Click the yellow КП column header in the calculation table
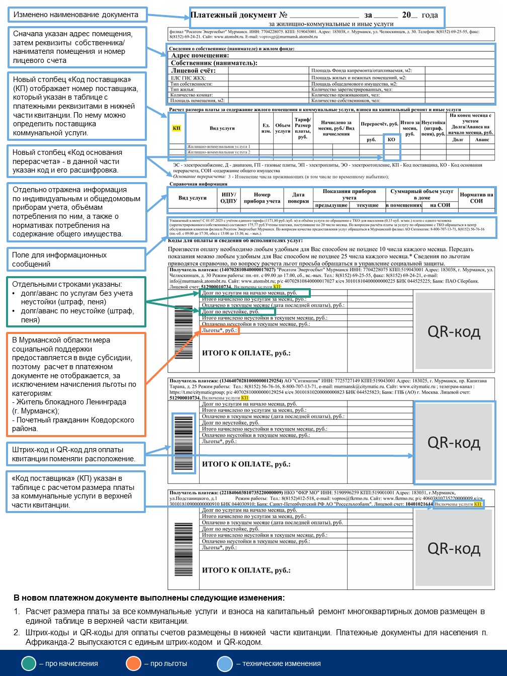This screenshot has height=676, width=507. tap(177, 128)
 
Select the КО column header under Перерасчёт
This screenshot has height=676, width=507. tap(391, 139)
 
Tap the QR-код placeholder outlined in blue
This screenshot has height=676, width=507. tap(454, 443)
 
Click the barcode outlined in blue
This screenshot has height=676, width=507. tap(183, 443)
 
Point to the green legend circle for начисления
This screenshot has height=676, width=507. tap(29, 663)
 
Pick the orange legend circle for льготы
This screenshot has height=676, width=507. tap(134, 663)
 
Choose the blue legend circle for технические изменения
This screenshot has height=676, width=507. tap(225, 663)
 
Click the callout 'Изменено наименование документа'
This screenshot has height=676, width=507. tap(76, 15)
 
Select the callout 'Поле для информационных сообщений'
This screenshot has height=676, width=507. tap(76, 260)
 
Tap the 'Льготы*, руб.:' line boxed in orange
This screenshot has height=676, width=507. tap(219, 330)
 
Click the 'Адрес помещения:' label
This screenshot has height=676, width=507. tap(200, 56)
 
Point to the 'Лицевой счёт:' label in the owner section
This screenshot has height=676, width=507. tap(193, 71)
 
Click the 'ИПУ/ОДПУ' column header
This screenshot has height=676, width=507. tap(228, 198)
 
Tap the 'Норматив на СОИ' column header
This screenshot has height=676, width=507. tap(476, 198)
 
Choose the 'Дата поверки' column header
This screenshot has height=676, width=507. tap(298, 198)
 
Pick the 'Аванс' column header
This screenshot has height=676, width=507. tap(482, 139)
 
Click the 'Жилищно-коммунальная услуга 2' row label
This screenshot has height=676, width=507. tap(218, 152)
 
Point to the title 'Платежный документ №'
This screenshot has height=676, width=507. tap(239, 15)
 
